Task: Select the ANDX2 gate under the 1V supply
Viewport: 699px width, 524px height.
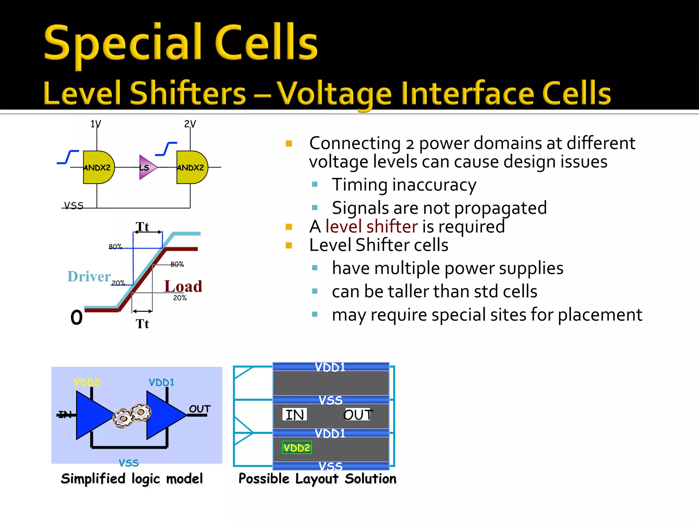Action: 98,167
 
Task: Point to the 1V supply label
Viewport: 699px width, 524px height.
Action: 96,124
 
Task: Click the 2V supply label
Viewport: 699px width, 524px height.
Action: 190,124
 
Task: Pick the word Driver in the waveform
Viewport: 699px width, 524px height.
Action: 89,276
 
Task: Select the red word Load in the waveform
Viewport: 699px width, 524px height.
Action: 183,286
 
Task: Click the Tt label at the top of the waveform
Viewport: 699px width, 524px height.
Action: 142,227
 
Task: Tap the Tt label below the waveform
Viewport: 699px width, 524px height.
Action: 142,324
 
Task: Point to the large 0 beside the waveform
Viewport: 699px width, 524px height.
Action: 76,318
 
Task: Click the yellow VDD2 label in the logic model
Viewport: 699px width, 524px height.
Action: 87,382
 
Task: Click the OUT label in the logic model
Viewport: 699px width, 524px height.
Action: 200,409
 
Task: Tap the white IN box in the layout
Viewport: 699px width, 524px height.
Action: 295,415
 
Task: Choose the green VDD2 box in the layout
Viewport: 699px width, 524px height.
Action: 297,448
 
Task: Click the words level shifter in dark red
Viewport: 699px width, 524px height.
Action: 371,227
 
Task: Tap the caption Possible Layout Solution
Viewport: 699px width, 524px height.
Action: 317,479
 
